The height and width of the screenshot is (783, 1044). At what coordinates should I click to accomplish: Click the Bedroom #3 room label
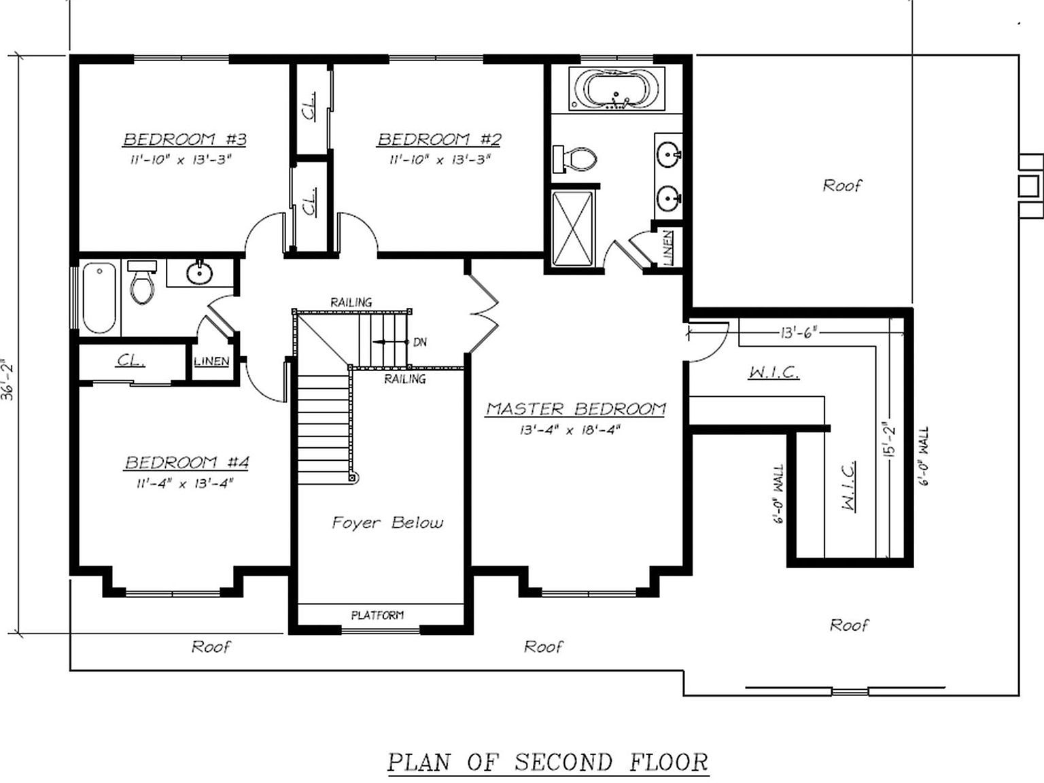(184, 139)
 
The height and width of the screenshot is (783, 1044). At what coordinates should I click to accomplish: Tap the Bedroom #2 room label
(439, 139)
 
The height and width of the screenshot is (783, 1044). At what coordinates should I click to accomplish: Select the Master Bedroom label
(575, 408)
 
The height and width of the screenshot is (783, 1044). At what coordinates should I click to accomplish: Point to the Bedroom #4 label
(187, 463)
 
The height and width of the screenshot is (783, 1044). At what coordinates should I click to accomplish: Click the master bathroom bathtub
(616, 90)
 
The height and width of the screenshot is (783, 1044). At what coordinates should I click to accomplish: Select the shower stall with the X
(573, 228)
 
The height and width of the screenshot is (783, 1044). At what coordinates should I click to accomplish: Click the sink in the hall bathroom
(199, 273)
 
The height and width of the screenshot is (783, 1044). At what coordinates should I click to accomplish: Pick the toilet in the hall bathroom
(142, 283)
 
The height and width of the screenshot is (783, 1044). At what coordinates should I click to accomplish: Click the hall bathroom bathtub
(99, 298)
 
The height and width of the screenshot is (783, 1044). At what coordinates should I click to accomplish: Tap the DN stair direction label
(420, 342)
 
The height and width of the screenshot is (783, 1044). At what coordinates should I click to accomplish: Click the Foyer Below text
(387, 523)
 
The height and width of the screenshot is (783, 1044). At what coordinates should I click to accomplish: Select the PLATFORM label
(377, 615)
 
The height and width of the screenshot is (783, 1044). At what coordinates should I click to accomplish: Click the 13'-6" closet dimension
(798, 332)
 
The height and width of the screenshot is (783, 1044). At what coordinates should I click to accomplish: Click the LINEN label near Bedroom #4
(211, 361)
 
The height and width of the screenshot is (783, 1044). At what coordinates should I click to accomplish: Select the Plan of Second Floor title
(548, 762)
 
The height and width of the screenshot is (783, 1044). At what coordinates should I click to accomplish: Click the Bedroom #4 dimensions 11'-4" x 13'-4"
(185, 483)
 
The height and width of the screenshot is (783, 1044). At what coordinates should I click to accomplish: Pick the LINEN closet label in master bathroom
(668, 247)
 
